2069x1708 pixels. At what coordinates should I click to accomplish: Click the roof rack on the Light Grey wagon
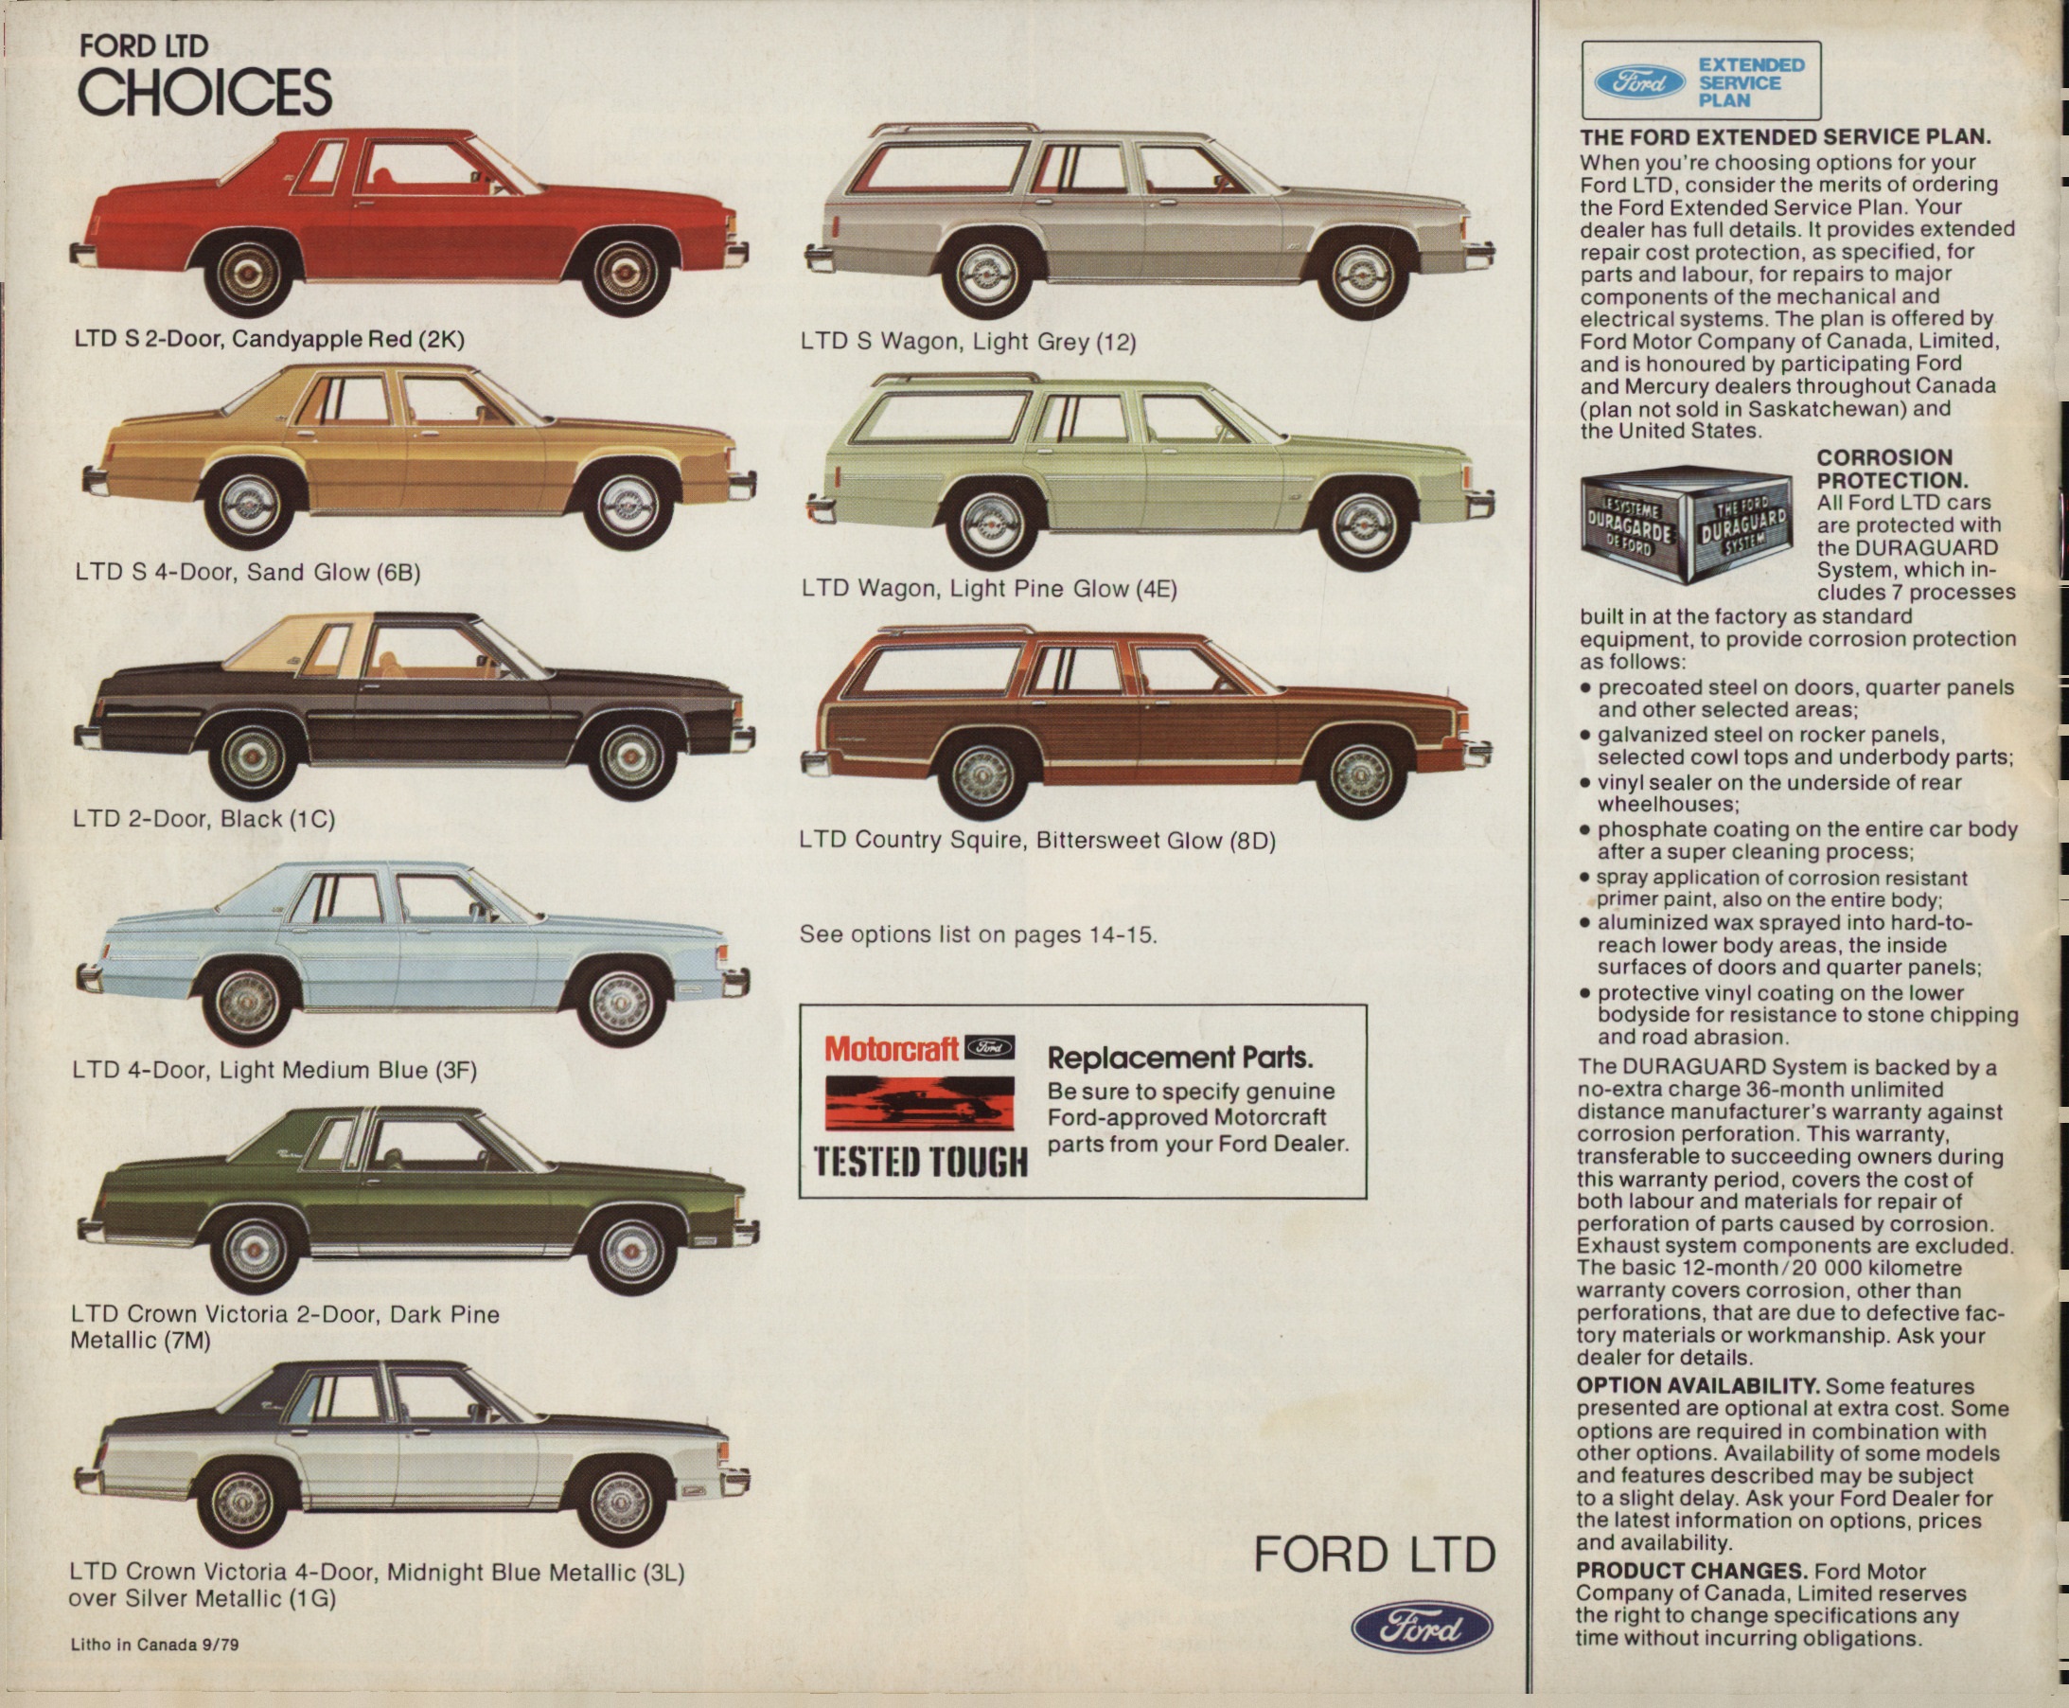[x=954, y=130]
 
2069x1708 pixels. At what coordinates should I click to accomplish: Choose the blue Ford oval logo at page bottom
[x=1422, y=1628]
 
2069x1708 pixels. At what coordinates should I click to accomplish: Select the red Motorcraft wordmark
[x=892, y=1049]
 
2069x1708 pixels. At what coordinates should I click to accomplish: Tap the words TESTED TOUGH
[x=920, y=1162]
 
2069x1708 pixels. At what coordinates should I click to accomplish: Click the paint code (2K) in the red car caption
[x=440, y=340]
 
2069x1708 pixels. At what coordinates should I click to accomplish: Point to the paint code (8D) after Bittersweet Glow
[x=1253, y=841]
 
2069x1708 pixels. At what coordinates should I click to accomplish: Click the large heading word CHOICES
[x=204, y=93]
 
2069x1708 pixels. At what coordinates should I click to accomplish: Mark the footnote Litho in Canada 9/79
[x=154, y=1644]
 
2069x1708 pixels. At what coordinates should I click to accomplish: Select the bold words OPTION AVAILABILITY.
[x=1696, y=1386]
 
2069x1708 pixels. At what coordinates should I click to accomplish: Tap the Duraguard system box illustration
[x=1683, y=525]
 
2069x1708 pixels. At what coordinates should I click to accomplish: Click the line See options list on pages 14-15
[x=978, y=934]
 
